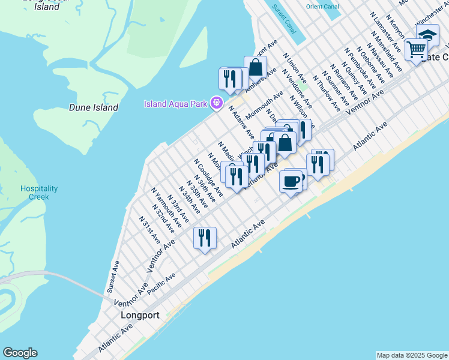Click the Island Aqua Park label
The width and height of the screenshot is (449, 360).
pyautogui.click(x=175, y=104)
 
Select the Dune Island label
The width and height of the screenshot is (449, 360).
pyautogui.click(x=93, y=107)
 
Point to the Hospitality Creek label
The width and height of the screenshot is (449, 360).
pyautogui.click(x=39, y=192)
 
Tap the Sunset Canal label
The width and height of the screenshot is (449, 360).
pyautogui.click(x=284, y=19)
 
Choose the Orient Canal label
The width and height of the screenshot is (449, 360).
pyautogui.click(x=323, y=7)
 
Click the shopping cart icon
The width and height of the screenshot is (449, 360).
pyautogui.click(x=415, y=49)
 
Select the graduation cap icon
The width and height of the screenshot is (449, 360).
pyautogui.click(x=427, y=35)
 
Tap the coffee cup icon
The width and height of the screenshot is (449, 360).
pyautogui.click(x=291, y=180)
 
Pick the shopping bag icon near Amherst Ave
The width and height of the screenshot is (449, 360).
pyautogui.click(x=255, y=67)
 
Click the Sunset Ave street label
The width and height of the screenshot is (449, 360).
pyautogui.click(x=113, y=277)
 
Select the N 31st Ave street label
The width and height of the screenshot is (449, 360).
pyautogui.click(x=149, y=228)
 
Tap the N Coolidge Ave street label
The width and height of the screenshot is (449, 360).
pyautogui.click(x=208, y=177)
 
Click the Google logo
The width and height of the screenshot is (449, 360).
pyautogui.click(x=20, y=353)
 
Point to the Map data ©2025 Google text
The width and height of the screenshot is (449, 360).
pyautogui.click(x=412, y=355)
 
